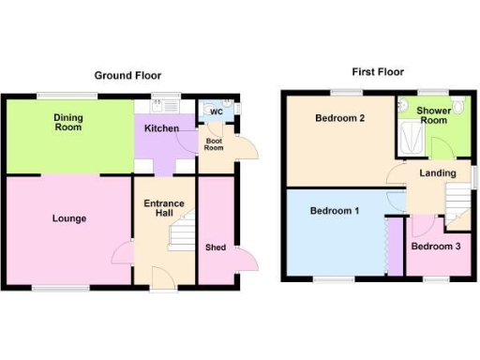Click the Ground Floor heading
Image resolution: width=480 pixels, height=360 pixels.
(127, 76)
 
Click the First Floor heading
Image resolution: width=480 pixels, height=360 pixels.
(378, 71)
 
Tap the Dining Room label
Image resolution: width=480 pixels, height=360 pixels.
(67, 121)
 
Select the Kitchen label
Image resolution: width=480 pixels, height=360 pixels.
(162, 127)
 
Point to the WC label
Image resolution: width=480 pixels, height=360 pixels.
(216, 112)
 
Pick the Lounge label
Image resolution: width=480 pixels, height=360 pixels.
(69, 218)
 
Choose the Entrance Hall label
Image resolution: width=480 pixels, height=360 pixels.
(164, 207)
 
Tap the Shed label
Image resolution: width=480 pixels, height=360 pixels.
(216, 247)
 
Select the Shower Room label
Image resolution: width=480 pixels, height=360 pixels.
(433, 114)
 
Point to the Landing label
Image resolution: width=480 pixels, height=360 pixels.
(438, 172)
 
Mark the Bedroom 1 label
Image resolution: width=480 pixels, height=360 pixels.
(335, 211)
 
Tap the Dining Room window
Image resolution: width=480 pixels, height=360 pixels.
(67, 95)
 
